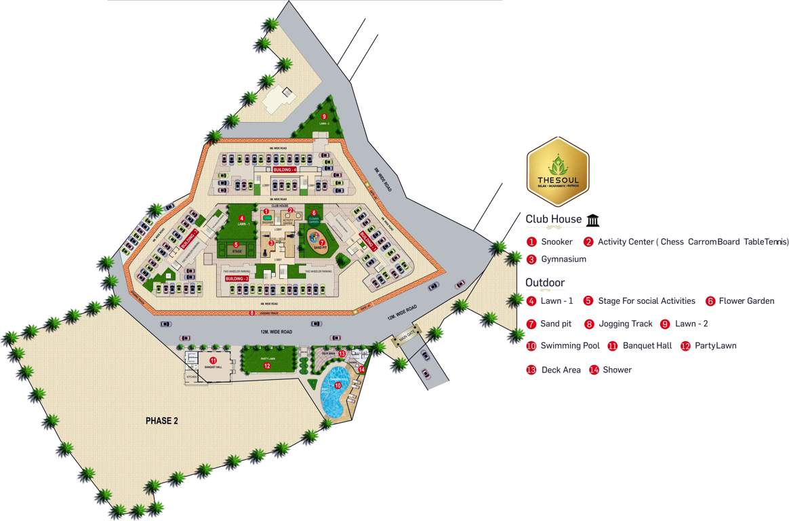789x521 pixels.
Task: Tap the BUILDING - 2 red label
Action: point(237,278)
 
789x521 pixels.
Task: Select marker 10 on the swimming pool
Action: point(338,385)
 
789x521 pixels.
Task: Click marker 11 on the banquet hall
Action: point(213,360)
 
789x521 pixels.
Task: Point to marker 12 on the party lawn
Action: point(267,366)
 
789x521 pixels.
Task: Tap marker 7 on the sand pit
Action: point(322,242)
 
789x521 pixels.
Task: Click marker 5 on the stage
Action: point(236,245)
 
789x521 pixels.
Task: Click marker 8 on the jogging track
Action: point(251,313)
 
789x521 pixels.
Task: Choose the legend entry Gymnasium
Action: point(563,259)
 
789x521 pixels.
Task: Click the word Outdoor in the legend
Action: point(545,283)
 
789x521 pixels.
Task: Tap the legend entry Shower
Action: point(617,370)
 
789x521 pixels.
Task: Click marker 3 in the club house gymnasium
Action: point(271,242)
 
